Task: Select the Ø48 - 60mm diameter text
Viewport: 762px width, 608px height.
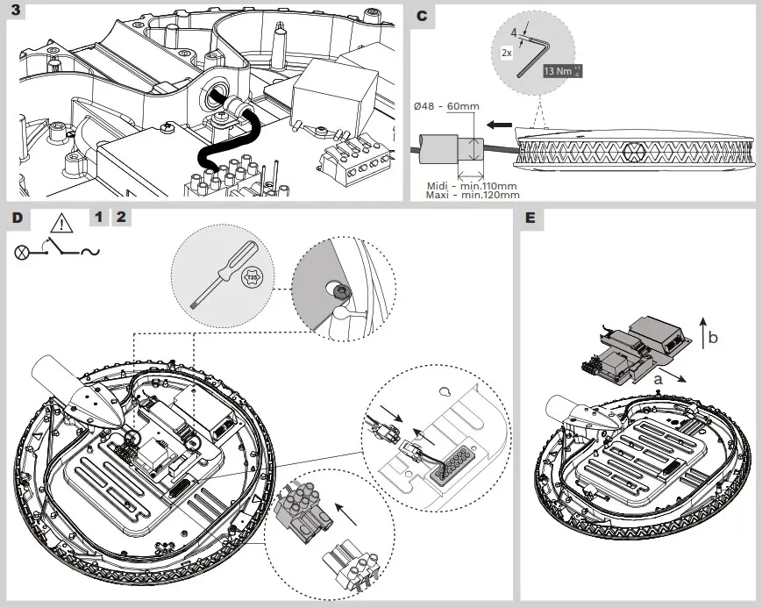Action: click(x=445, y=106)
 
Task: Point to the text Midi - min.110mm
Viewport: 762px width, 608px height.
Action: click(x=472, y=186)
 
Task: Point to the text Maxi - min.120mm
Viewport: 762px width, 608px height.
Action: click(x=472, y=195)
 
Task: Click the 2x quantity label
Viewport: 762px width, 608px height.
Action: click(x=506, y=53)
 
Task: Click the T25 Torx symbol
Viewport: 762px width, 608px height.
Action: click(x=251, y=277)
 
